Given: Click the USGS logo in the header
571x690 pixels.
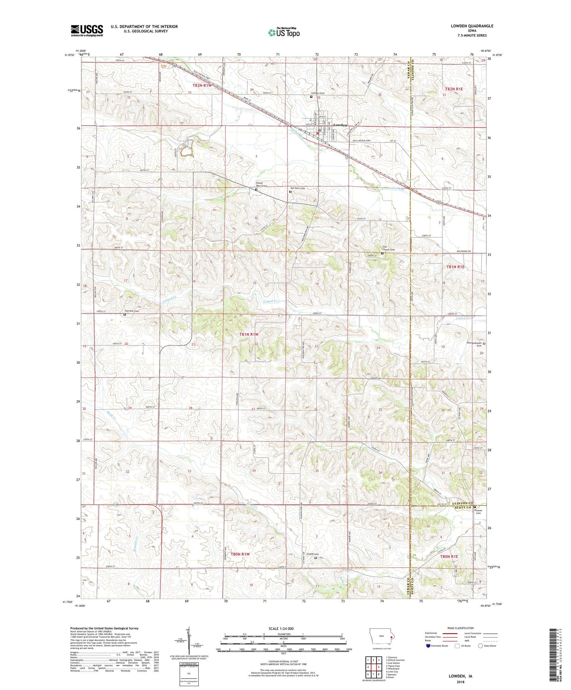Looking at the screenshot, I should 87,30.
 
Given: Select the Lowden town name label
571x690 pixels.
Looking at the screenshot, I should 340,125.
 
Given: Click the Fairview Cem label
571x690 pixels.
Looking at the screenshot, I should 132,311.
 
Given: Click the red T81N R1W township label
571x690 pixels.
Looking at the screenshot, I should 249,334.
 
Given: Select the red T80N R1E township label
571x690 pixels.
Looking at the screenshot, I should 449,556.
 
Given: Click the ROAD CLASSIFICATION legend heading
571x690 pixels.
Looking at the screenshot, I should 461,628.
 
